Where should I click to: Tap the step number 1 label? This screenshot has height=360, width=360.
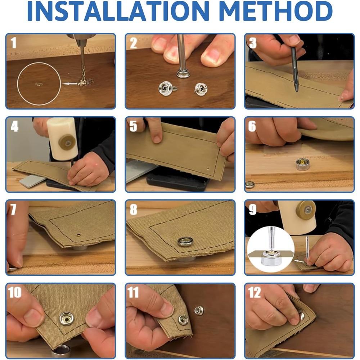(13, 43)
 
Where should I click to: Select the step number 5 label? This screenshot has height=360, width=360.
(133, 126)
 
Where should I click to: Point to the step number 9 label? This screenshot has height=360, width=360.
(253, 209)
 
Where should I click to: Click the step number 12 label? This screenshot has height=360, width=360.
(255, 292)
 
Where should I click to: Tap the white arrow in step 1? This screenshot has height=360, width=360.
(70, 84)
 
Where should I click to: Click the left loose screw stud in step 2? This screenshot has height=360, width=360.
(167, 89)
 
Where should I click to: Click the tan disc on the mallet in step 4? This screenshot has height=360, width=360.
(67, 143)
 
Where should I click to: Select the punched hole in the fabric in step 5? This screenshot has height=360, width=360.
(208, 169)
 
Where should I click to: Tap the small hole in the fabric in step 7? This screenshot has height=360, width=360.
(79, 235)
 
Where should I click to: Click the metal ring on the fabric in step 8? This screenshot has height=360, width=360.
(185, 242)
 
